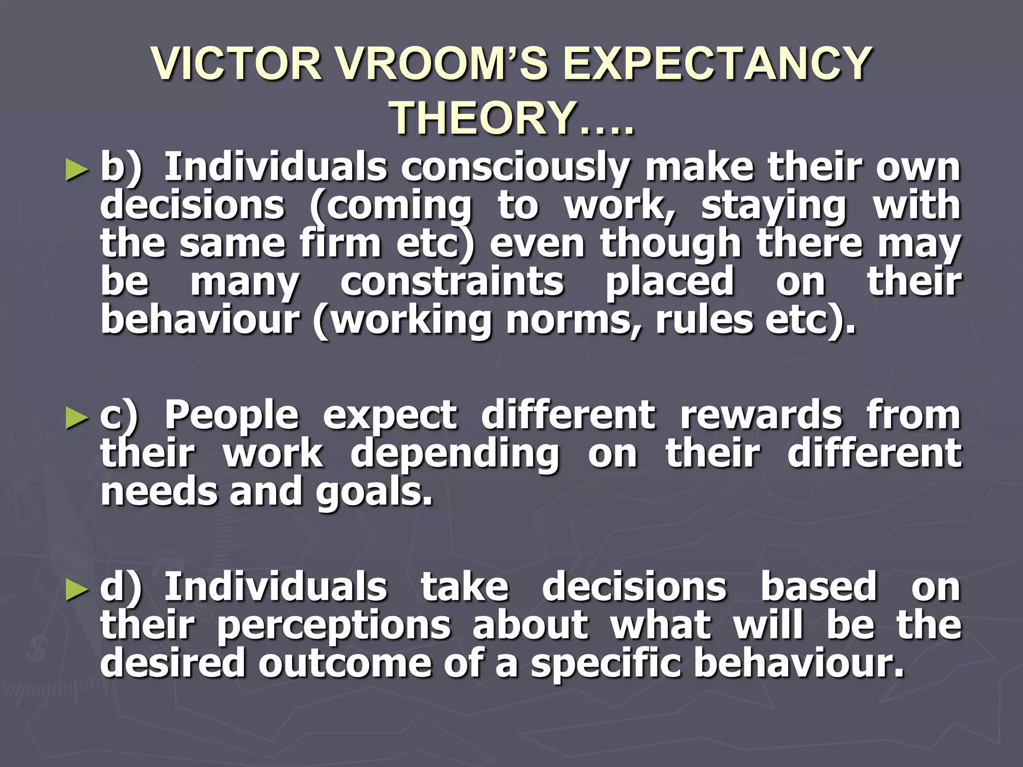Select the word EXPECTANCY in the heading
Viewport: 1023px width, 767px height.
tap(717, 63)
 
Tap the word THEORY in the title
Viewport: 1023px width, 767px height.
tap(482, 118)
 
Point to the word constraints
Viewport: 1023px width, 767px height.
tap(452, 282)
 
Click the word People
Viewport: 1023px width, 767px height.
tap(232, 416)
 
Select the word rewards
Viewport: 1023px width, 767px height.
tap(761, 416)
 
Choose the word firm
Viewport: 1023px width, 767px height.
tap(340, 244)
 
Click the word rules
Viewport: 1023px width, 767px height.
tap(704, 320)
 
